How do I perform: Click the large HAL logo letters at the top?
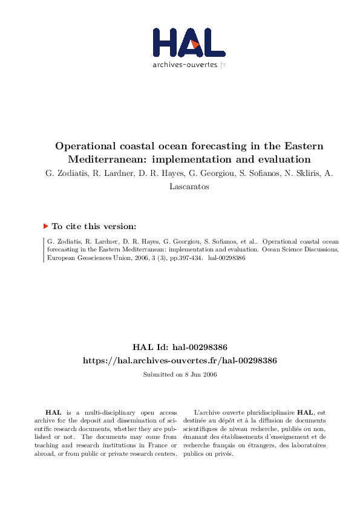(188, 43)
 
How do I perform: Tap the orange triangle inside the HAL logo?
(194, 44)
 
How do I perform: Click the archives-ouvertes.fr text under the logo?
(189, 64)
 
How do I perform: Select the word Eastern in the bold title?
(301, 146)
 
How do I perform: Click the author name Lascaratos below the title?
(189, 187)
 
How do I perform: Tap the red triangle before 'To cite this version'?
(45, 226)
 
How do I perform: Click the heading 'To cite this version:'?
(94, 226)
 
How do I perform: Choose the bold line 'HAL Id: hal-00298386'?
(180, 347)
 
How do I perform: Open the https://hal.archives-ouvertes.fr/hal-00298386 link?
(180, 360)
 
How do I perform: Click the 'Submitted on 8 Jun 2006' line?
(180, 375)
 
